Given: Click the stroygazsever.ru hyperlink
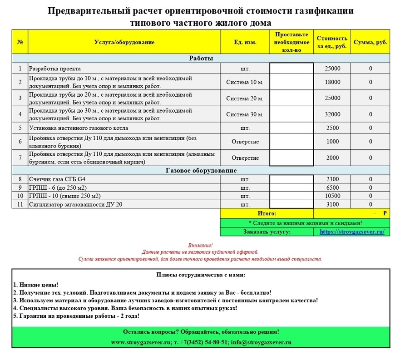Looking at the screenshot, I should coord(352,232).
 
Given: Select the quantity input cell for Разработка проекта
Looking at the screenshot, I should coord(291,69).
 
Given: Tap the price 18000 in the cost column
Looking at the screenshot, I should coord(333,82).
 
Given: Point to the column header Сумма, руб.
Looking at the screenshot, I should coord(370,42).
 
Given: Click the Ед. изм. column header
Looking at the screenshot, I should coord(245,42).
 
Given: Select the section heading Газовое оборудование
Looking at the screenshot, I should coord(201,171).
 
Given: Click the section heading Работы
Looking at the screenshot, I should coord(201,59).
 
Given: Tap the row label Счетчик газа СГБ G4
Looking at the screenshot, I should coord(56,179).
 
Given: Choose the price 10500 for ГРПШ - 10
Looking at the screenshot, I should coord(333,196).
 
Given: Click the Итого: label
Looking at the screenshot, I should coord(267,213).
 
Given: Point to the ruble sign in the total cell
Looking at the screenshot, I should coord(385,213).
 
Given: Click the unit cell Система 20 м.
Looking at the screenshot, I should coord(245,99).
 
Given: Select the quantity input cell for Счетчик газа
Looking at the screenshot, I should coord(291,179).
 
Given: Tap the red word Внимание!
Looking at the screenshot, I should coord(200,245).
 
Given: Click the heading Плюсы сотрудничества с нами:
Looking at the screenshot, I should coord(201,275).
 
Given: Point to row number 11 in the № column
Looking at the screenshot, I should coord(20,204).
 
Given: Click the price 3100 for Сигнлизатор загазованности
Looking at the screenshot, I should coord(333,204).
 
